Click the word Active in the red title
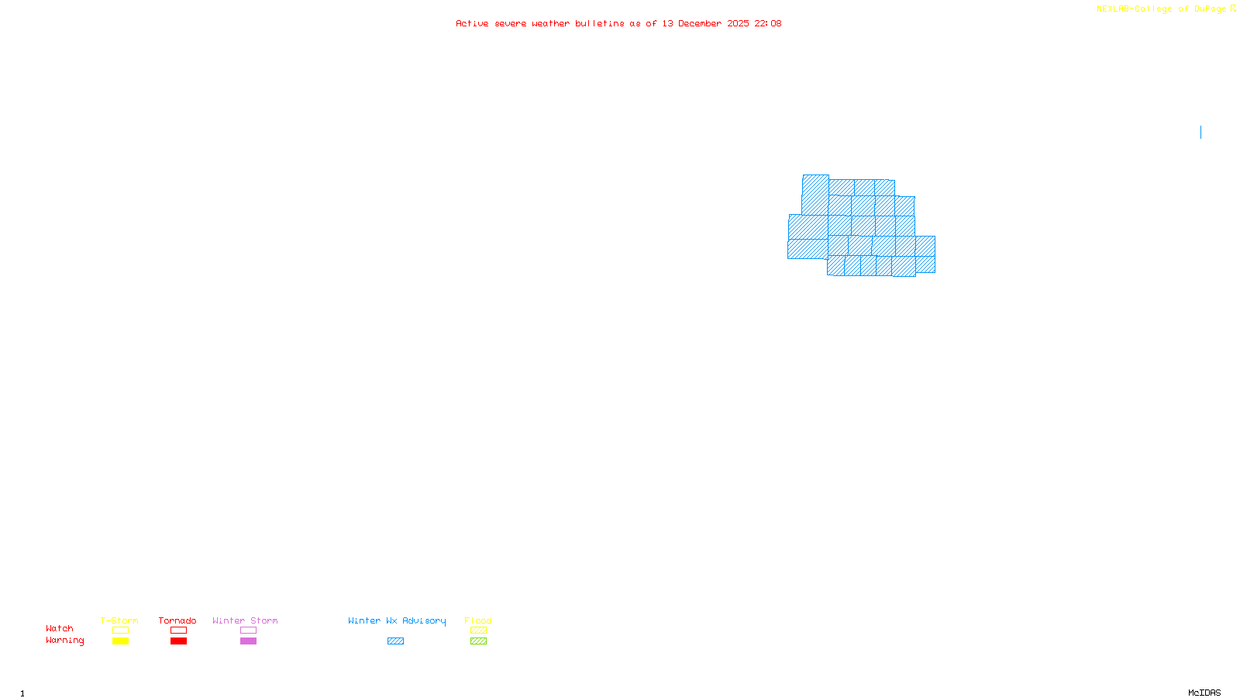tap(472, 24)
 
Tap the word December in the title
tap(700, 24)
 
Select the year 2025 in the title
tap(738, 24)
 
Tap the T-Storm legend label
tap(119, 620)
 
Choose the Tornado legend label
tap(177, 620)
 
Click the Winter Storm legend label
tap(245, 620)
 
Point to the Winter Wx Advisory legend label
tap(397, 620)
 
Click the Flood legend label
tap(478, 620)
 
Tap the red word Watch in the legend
tap(60, 629)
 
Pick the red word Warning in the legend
tap(64, 641)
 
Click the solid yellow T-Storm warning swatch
tap(120, 641)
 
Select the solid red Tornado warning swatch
tap(178, 641)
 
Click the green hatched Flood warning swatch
tap(478, 641)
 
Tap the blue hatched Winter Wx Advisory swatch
tap(395, 641)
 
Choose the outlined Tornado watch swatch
tap(178, 631)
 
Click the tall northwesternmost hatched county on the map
tap(815, 194)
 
